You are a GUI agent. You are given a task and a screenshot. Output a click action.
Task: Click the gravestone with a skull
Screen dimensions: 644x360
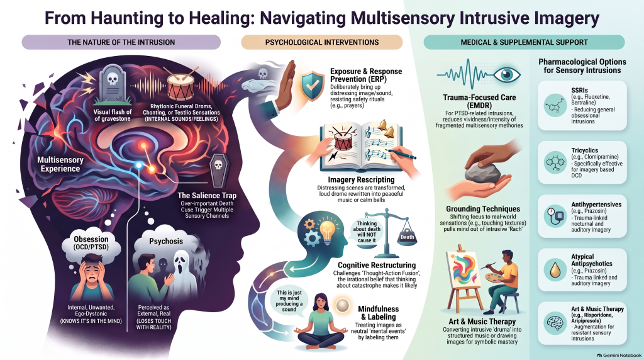(x=111, y=84)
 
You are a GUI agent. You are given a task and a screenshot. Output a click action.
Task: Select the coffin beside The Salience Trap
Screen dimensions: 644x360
(x=218, y=171)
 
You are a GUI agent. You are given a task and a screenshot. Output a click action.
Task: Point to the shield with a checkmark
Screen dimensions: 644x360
(x=313, y=86)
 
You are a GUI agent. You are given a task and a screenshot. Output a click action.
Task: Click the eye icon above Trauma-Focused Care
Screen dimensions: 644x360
(x=507, y=74)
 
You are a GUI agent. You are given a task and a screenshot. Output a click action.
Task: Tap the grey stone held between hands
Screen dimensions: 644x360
(x=484, y=172)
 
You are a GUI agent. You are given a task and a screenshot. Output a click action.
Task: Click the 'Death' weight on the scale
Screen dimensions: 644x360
(x=407, y=235)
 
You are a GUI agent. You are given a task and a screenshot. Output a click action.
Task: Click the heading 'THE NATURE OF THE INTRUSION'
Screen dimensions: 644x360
(x=121, y=42)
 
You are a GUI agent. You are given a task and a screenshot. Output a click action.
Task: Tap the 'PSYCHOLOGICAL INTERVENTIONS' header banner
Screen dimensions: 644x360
(x=321, y=42)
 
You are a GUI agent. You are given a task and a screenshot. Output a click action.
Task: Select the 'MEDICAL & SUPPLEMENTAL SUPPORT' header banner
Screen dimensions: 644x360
(x=524, y=42)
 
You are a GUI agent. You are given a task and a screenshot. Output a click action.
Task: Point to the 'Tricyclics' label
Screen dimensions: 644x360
(x=584, y=150)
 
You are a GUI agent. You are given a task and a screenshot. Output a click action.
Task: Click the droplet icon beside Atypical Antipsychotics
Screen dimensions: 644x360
(x=555, y=269)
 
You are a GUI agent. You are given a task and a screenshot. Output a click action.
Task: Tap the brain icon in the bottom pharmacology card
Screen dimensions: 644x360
(x=555, y=323)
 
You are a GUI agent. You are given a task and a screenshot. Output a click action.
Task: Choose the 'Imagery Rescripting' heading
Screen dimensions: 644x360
(x=361, y=179)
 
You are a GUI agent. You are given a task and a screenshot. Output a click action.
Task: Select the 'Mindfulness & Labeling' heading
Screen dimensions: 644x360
(x=378, y=313)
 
